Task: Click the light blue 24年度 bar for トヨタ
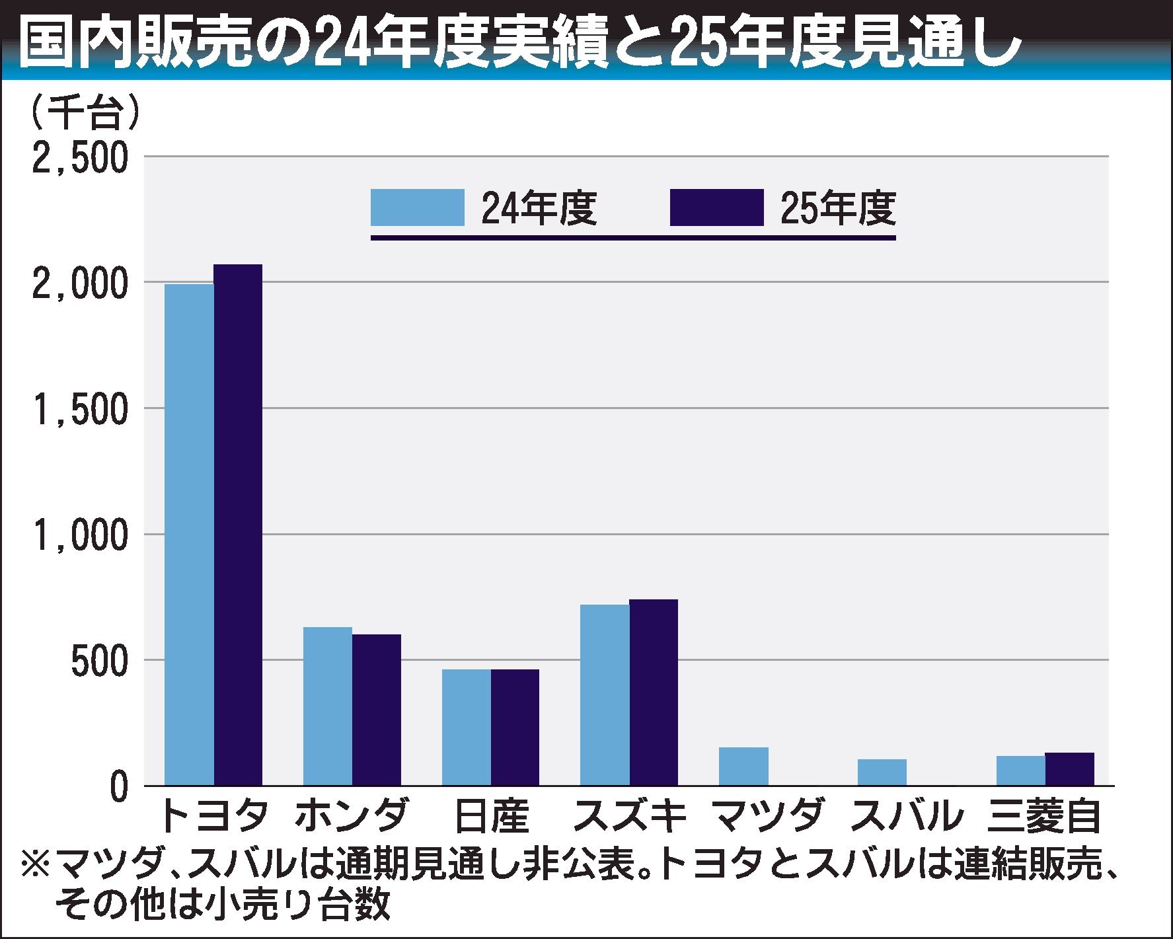pyautogui.click(x=189, y=535)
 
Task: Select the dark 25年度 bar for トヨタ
pyautogui.click(x=238, y=525)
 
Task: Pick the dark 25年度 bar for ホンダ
pyautogui.click(x=377, y=710)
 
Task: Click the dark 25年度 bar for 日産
pyautogui.click(x=515, y=727)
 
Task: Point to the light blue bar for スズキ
pyautogui.click(x=605, y=695)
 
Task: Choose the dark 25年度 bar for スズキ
pyautogui.click(x=654, y=692)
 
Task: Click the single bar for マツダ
pyautogui.click(x=743, y=766)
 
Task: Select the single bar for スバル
pyautogui.click(x=882, y=772)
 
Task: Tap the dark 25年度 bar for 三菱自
pyautogui.click(x=1069, y=769)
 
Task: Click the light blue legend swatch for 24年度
pyautogui.click(x=417, y=207)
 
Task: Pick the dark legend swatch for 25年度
pyautogui.click(x=716, y=207)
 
